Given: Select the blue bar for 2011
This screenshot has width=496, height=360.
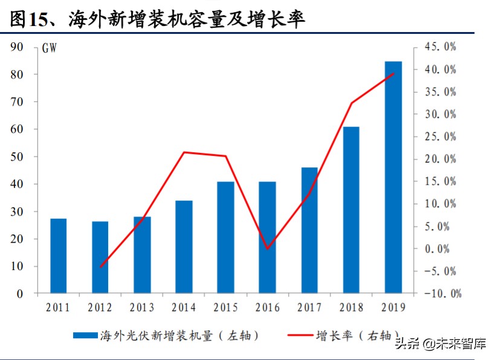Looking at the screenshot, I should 58,256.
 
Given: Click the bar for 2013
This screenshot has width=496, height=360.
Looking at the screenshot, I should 142,255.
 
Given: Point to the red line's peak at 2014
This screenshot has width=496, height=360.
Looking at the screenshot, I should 184,152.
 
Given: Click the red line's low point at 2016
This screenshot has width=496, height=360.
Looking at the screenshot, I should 267,249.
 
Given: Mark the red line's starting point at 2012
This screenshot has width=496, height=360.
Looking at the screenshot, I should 100,267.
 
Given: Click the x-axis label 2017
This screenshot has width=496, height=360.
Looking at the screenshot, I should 309,307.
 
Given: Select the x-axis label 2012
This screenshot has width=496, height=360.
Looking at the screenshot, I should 100,307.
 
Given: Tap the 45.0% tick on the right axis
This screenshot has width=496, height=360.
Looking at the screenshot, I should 439,47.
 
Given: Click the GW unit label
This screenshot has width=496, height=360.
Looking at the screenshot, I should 50,48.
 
